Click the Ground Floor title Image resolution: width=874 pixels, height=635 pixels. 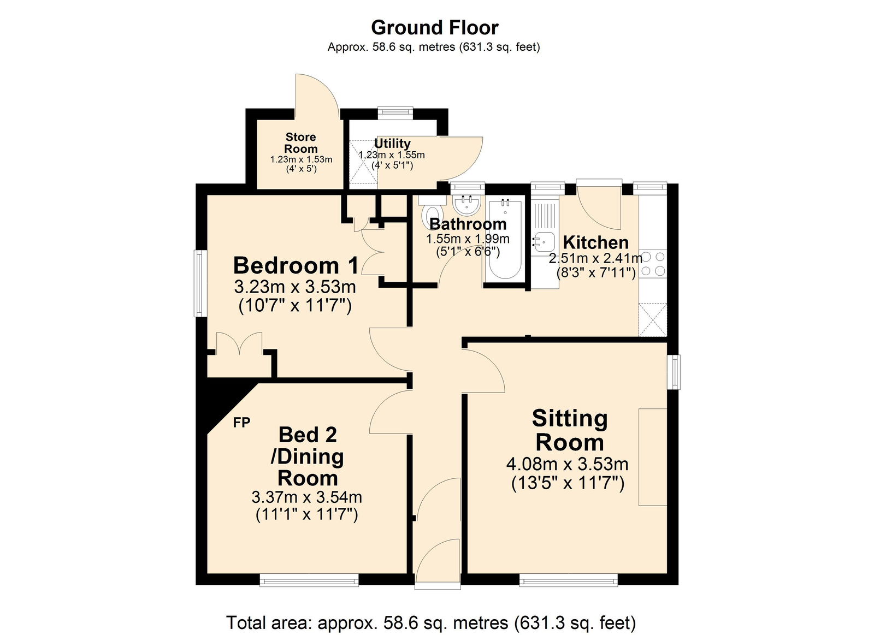434,27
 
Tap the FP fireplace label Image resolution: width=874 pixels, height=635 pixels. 241,422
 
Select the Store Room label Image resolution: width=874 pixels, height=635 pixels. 300,143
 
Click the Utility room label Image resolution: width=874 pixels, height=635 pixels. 392,143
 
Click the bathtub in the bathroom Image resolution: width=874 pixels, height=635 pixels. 504,240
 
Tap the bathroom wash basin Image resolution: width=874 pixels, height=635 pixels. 467,205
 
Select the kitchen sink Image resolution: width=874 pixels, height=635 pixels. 544,240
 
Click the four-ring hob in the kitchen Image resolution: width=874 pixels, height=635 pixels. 653,264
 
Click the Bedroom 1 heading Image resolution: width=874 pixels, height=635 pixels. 296,265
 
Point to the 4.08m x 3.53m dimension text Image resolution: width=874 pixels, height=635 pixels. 567,464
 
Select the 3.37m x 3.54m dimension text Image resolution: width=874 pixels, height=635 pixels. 306,497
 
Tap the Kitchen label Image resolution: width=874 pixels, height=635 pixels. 595,242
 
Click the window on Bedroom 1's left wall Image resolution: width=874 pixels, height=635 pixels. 200,283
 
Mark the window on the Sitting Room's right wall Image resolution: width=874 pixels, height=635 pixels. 676,372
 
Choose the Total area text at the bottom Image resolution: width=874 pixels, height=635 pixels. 431,622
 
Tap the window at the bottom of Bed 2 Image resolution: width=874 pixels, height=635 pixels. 309,580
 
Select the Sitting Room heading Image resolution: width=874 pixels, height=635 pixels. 569,430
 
